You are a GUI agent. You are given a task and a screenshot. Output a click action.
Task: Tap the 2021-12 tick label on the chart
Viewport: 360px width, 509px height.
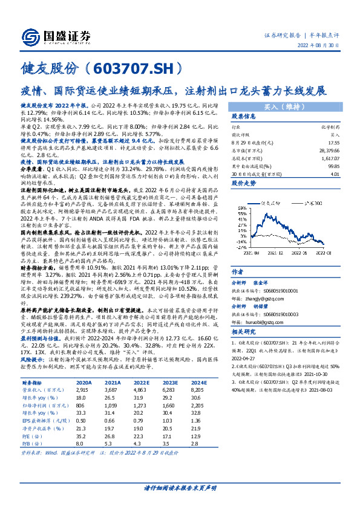[x=287, y=254]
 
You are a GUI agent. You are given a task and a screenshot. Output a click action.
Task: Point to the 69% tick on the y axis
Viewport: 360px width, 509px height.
[x=240, y=195]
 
